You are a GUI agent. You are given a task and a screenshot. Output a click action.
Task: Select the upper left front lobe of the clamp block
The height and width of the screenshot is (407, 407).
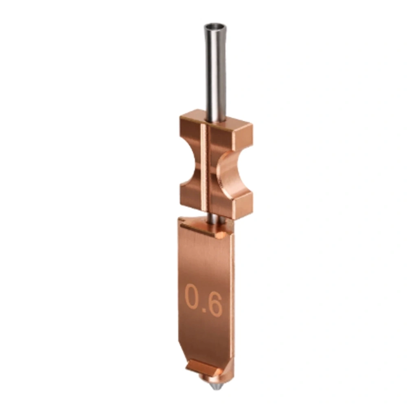click(189, 136)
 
